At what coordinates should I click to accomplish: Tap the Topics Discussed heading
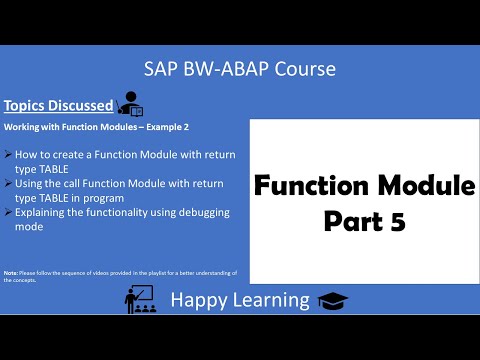click(57, 104)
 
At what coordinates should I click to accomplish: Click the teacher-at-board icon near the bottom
click(141, 297)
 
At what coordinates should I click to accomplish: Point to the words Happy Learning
click(239, 298)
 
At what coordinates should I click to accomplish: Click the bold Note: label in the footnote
click(11, 272)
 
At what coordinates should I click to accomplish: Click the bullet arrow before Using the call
click(9, 184)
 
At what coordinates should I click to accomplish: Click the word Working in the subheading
click(23, 128)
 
